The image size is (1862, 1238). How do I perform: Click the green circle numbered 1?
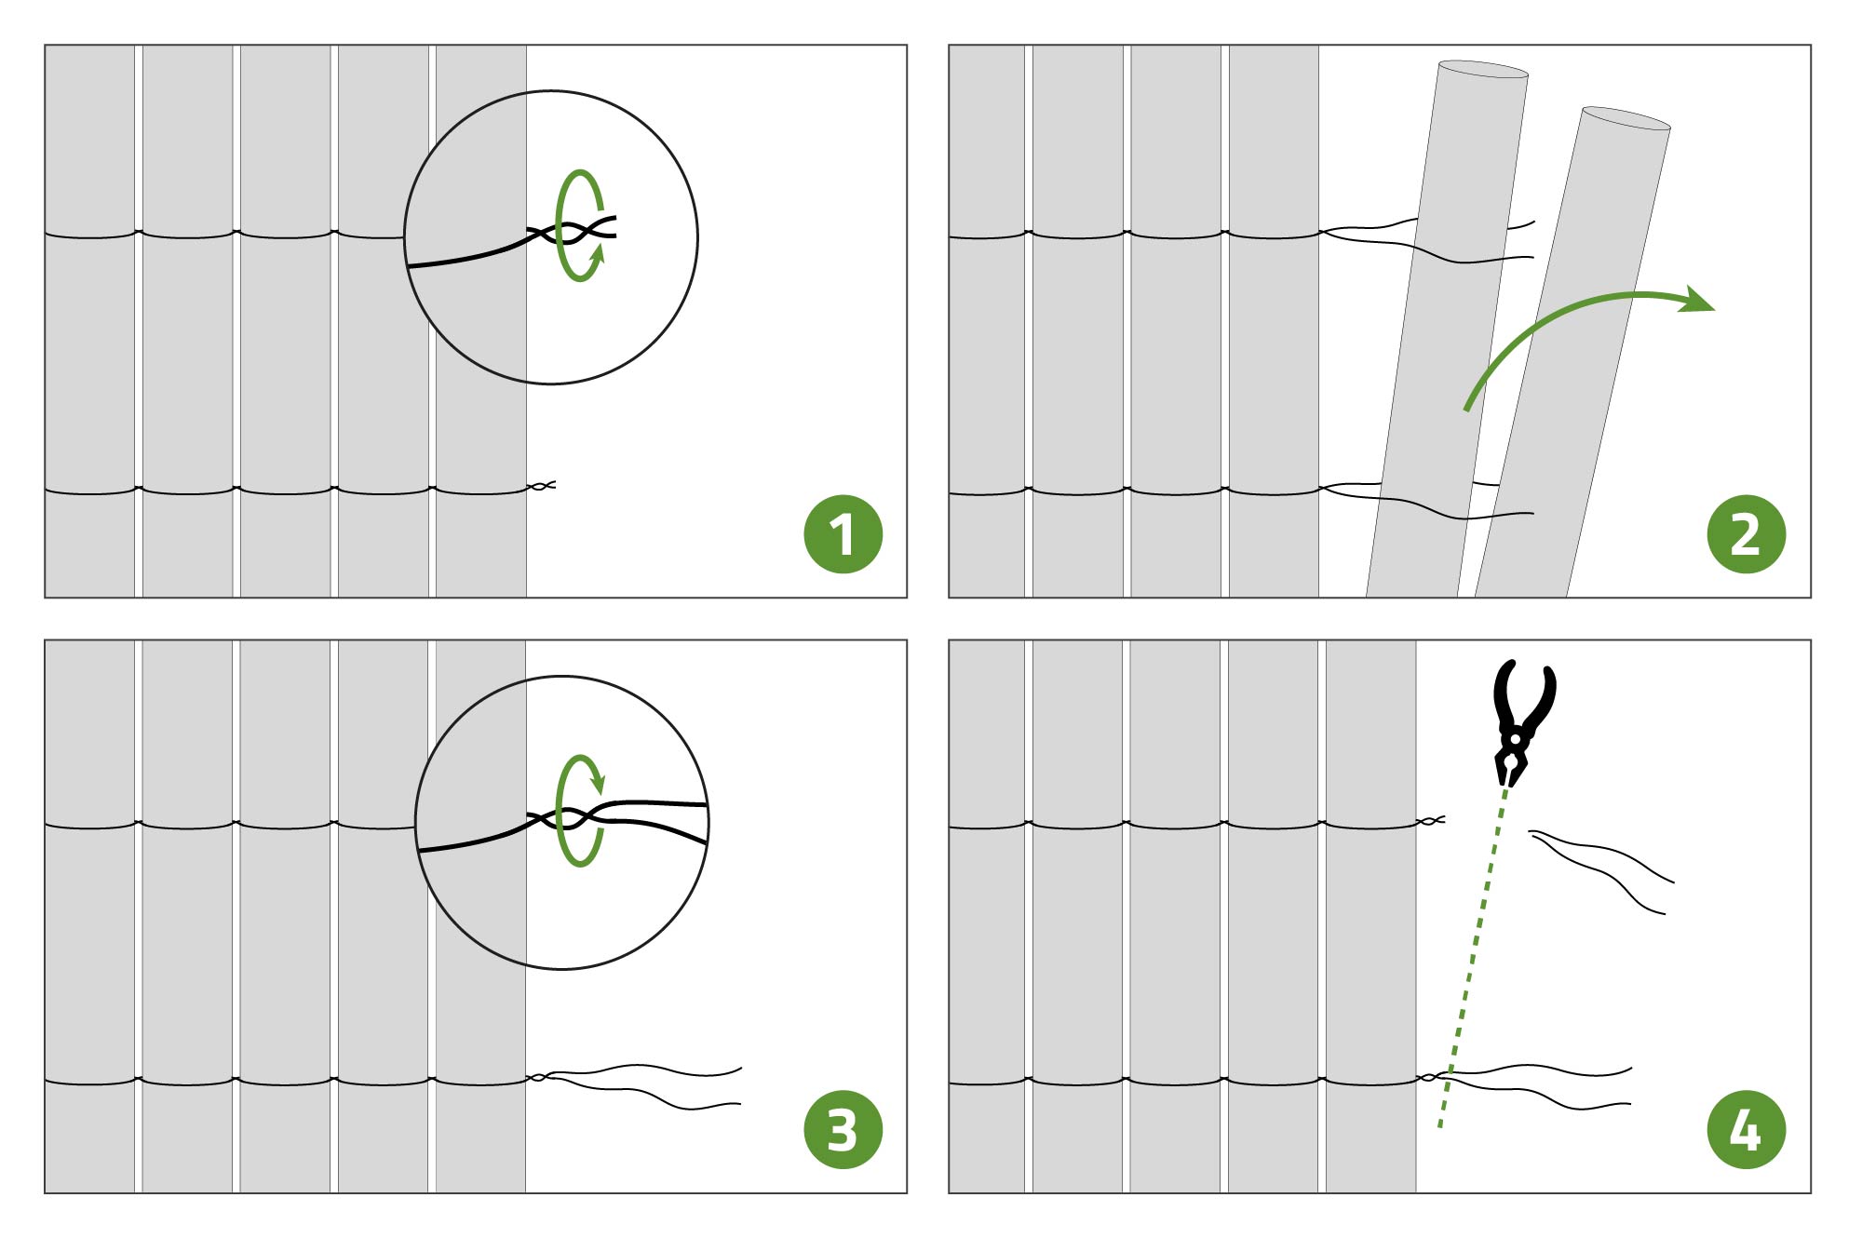coord(843,534)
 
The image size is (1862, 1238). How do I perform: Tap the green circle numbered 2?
coord(1747,534)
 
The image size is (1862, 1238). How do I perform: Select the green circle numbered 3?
coord(843,1130)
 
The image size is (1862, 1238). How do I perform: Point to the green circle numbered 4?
coord(1747,1130)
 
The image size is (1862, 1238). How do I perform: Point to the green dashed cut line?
coord(1472,959)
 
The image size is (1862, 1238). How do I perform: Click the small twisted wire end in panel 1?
coord(541,486)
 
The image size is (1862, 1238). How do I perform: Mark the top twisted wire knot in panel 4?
coord(1431,821)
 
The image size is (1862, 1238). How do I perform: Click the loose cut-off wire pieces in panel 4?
coord(1601,871)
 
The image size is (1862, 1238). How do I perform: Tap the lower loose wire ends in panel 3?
coord(642,1085)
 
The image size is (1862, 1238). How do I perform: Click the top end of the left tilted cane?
coord(1483,69)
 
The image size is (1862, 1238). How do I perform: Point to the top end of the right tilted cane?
coord(1626,117)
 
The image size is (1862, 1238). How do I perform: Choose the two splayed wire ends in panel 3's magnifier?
coord(652,819)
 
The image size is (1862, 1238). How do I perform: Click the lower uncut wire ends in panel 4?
coord(1536,1086)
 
